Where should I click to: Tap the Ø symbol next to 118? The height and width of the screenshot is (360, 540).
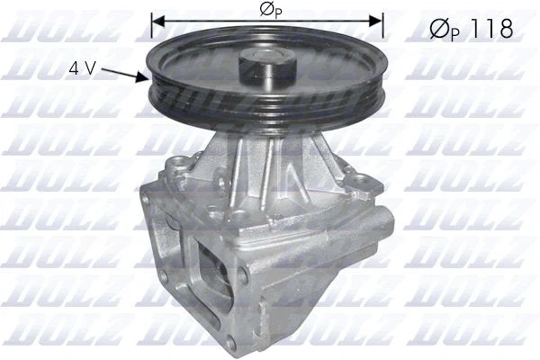[x=437, y=29]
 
